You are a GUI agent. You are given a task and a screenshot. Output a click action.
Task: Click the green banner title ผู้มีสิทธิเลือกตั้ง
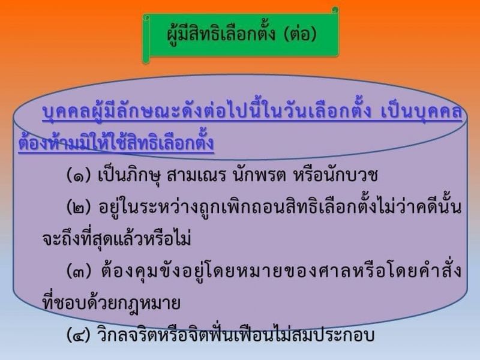(221, 34)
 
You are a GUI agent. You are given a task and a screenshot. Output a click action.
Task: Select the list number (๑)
(79, 175)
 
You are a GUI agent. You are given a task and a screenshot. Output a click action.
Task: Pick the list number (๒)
(79, 207)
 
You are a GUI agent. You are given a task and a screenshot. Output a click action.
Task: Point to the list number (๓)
(79, 271)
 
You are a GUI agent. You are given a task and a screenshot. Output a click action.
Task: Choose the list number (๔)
(79, 335)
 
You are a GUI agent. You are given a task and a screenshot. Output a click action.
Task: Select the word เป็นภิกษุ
(129, 175)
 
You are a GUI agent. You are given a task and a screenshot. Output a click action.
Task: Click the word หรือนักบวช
(335, 175)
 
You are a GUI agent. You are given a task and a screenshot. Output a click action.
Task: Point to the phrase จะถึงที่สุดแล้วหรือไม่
(116, 237)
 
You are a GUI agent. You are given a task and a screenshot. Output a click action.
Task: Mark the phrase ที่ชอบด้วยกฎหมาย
(111, 302)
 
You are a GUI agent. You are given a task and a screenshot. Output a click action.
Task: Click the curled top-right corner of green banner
(335, 10)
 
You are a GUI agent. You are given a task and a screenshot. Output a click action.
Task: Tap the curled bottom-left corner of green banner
(146, 59)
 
